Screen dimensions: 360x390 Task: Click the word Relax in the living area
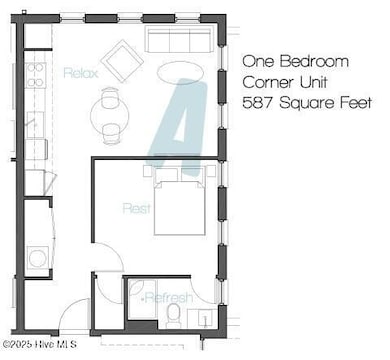(x=80, y=73)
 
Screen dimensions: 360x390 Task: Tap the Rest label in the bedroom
(x=137, y=209)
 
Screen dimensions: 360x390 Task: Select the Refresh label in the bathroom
(x=167, y=298)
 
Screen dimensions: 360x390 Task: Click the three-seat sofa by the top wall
(x=179, y=41)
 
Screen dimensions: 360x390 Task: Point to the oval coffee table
(x=186, y=72)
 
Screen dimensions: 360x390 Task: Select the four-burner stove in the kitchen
(x=36, y=75)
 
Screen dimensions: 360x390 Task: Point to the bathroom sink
(x=205, y=319)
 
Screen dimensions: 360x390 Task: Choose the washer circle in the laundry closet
(x=37, y=259)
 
